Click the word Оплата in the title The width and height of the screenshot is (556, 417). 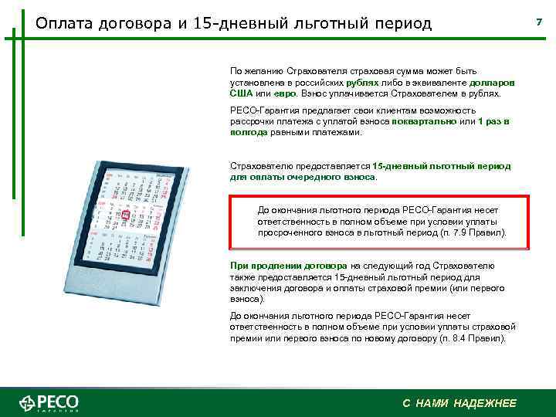tap(64, 22)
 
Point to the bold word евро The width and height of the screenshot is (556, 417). tap(283, 93)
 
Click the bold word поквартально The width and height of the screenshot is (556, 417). tap(425, 122)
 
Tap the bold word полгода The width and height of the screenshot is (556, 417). tap(248, 133)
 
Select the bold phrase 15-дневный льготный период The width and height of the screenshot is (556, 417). tap(440, 166)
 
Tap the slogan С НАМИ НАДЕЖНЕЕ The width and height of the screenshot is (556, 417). tap(459, 404)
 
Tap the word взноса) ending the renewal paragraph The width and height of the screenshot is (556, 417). tap(247, 298)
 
